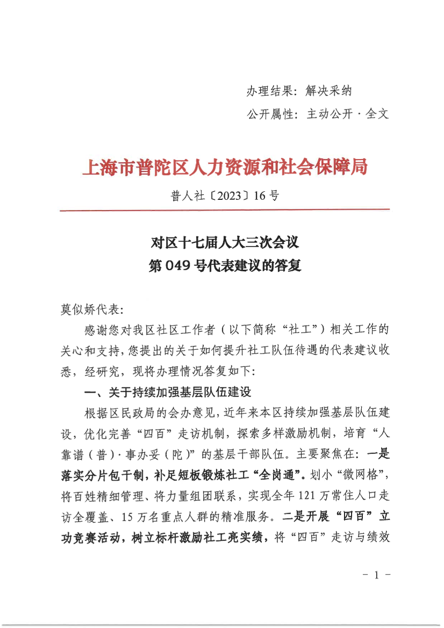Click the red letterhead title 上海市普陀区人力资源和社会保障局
224,168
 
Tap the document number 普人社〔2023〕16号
224,196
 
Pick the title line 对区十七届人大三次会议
224,243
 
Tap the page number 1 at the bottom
376,575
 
